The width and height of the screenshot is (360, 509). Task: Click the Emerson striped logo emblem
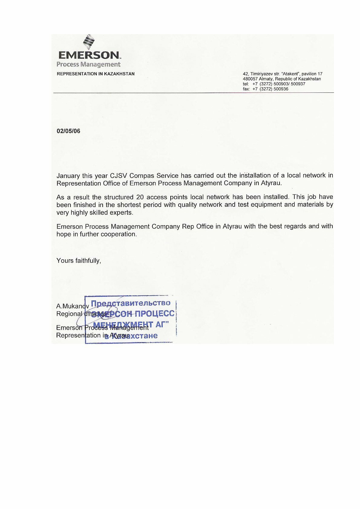click(x=89, y=42)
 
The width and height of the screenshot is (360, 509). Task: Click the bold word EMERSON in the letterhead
click(x=89, y=55)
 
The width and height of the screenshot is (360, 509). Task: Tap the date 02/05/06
click(x=68, y=131)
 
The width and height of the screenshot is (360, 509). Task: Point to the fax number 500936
click(x=281, y=89)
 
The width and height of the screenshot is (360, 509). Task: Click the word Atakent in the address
click(x=290, y=74)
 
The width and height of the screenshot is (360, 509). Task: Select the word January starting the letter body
click(x=68, y=176)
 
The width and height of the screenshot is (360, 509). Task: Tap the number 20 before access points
click(x=140, y=197)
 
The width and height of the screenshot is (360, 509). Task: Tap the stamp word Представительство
click(x=131, y=303)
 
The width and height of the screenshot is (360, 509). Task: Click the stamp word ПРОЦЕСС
click(x=155, y=313)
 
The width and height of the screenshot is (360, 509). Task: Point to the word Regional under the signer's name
click(x=69, y=314)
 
